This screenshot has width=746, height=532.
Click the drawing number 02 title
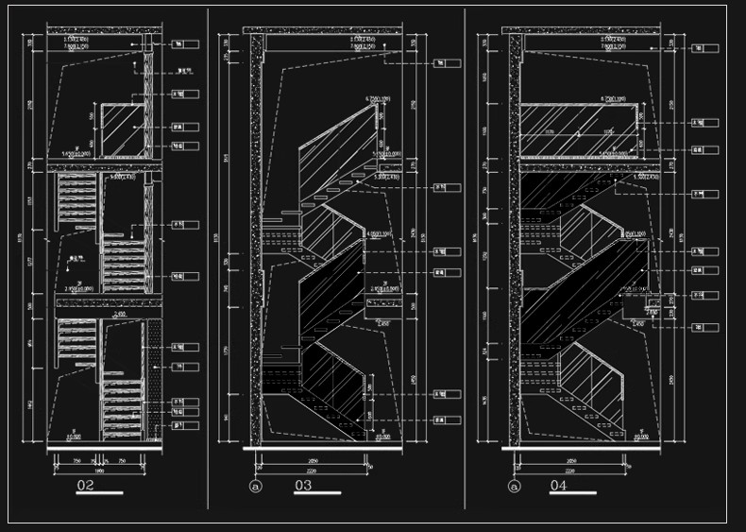coord(86,487)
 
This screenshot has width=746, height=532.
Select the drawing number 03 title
coord(303,487)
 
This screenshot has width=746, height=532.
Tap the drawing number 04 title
coord(558,487)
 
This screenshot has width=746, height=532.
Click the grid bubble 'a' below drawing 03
coord(254,488)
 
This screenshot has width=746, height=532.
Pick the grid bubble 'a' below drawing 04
coord(514,488)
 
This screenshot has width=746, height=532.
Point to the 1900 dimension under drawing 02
coord(99,469)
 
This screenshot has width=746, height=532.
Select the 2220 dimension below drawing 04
coord(568,469)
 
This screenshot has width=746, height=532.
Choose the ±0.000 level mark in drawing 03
coord(381,438)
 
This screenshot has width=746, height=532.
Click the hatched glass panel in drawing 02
coord(121,129)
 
